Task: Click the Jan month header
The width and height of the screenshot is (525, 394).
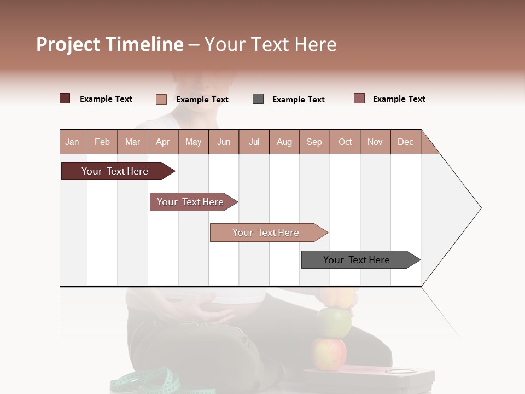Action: (x=72, y=142)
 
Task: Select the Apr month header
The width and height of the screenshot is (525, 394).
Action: (x=162, y=142)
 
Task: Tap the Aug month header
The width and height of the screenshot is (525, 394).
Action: (x=284, y=142)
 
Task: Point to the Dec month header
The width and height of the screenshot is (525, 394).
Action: (x=405, y=142)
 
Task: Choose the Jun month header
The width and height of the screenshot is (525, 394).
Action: (x=223, y=142)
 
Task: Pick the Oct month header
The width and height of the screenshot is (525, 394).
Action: (x=345, y=142)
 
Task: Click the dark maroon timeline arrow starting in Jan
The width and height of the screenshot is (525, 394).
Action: (x=115, y=171)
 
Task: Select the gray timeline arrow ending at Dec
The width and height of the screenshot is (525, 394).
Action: (x=357, y=260)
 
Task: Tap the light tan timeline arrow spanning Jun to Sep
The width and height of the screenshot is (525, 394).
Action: (x=266, y=233)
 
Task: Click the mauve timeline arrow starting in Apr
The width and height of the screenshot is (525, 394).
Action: (x=190, y=202)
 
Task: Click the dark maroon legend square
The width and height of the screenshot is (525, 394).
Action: (x=65, y=99)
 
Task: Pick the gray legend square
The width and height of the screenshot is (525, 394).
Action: (x=258, y=99)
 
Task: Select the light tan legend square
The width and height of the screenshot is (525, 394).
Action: (x=161, y=99)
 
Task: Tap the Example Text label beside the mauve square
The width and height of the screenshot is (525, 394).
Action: (x=399, y=99)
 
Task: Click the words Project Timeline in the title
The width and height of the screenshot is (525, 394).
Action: (x=109, y=44)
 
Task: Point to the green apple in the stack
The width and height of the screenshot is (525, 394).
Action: (x=334, y=322)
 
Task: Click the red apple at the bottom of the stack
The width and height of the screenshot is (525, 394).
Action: (x=329, y=354)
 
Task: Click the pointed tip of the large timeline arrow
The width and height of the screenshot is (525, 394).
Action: (x=479, y=208)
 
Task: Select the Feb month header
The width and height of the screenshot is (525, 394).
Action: (x=102, y=142)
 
